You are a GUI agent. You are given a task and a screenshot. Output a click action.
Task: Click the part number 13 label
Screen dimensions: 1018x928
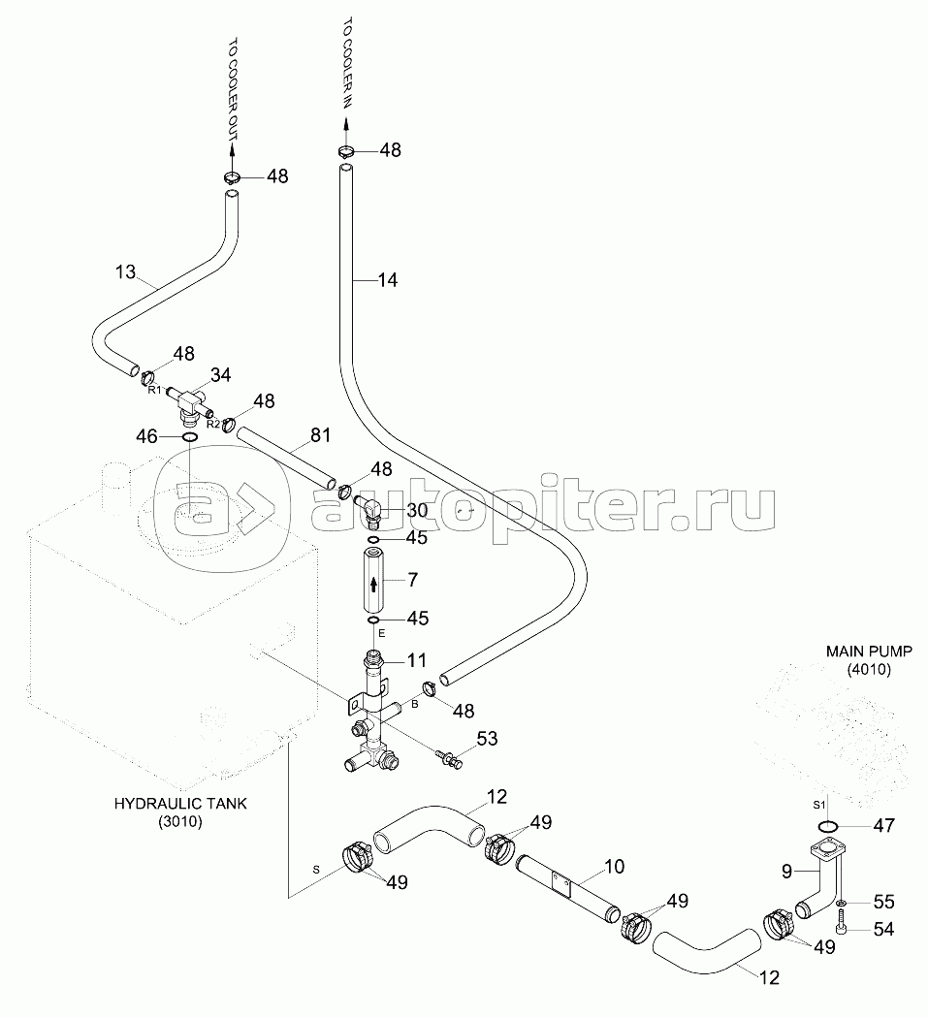(x=126, y=272)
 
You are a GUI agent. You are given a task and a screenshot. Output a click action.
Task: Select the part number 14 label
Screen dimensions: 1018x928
(x=388, y=280)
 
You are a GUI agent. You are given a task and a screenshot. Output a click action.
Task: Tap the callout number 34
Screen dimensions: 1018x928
(x=221, y=374)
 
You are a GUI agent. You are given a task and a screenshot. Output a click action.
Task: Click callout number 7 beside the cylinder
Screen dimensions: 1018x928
(x=412, y=580)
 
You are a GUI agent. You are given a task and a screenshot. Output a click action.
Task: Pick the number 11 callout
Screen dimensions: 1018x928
(x=416, y=660)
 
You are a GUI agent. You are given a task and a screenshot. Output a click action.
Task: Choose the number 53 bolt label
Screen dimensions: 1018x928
(x=487, y=741)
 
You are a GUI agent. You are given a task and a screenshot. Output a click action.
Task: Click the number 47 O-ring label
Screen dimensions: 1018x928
(x=883, y=826)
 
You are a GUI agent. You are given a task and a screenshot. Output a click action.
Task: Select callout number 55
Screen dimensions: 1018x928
(x=883, y=902)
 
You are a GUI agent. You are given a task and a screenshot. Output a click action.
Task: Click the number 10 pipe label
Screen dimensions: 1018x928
(x=614, y=865)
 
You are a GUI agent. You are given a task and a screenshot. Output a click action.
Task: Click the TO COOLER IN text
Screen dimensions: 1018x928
(x=345, y=71)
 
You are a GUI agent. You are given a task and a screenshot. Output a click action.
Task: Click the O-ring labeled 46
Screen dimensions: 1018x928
(x=190, y=438)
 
